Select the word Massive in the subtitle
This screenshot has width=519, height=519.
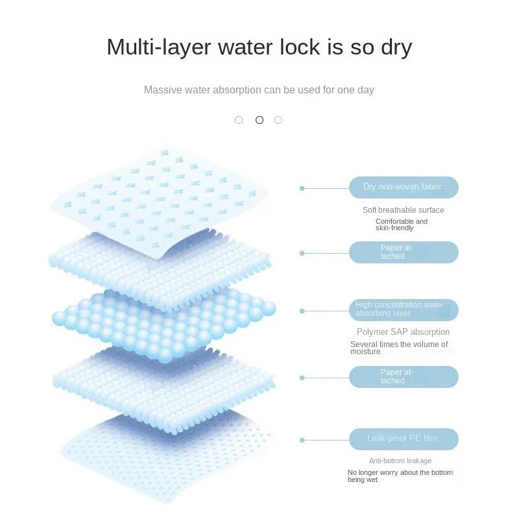[163, 90]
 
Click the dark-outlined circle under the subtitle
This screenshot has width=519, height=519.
[259, 120]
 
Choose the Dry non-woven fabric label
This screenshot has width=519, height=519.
[404, 187]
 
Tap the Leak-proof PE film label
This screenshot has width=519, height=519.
[404, 439]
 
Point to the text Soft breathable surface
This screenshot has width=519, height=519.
[403, 210]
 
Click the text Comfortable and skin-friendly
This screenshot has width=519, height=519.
[402, 225]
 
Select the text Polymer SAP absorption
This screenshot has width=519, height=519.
[403, 332]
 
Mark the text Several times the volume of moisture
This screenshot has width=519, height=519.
[399, 348]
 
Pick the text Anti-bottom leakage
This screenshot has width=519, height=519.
[400, 461]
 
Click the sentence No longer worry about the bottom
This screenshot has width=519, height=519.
[400, 473]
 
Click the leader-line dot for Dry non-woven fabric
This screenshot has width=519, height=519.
[302, 188]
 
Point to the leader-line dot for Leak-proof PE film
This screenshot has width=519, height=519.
[302, 440]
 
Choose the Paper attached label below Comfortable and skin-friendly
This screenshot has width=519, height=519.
[404, 252]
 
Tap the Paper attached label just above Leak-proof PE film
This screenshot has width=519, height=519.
[404, 377]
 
